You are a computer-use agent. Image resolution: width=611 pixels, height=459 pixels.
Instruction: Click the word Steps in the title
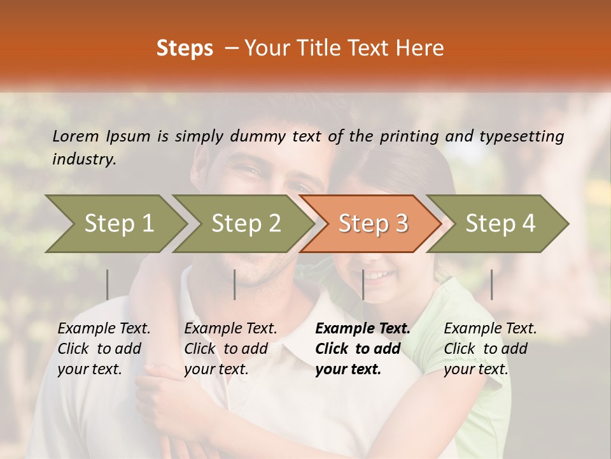click(185, 48)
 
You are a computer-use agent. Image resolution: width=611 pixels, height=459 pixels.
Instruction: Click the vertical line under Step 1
click(108, 284)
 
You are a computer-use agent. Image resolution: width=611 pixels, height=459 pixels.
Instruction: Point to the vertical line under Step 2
click(235, 284)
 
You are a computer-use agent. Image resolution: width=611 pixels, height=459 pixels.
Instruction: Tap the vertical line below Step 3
click(363, 284)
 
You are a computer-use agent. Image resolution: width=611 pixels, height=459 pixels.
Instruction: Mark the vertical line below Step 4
click(491, 284)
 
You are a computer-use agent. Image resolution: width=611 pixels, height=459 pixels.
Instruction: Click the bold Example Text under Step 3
click(363, 329)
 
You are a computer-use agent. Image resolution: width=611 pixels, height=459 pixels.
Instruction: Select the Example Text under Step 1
click(104, 329)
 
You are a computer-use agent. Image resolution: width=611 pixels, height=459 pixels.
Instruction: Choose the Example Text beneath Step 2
click(230, 329)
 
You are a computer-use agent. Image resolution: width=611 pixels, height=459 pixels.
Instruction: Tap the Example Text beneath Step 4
click(490, 329)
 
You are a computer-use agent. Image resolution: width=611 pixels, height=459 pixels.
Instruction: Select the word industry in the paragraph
click(84, 159)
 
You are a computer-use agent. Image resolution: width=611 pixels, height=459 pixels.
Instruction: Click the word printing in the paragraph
click(409, 136)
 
